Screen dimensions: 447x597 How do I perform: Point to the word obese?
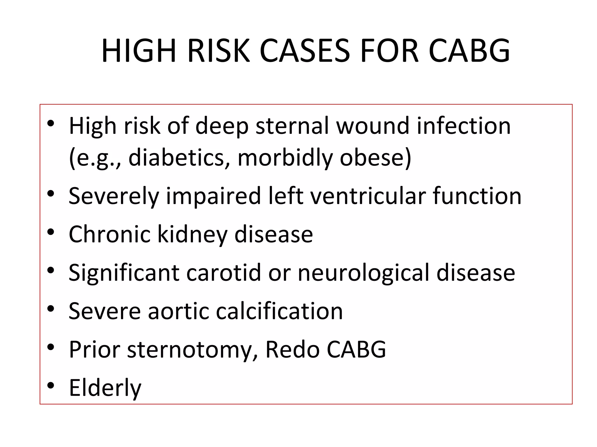click(x=375, y=157)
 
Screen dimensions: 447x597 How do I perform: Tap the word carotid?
click(x=224, y=272)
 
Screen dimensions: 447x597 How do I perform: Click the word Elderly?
click(x=105, y=388)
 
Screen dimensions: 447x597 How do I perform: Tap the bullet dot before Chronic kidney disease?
click(x=51, y=232)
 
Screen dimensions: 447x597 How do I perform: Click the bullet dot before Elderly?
click(x=51, y=386)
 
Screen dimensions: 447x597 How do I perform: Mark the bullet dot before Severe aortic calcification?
click(x=51, y=309)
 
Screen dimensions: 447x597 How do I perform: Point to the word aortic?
click(x=178, y=311)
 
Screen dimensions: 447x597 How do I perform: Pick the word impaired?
click(x=213, y=196)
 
